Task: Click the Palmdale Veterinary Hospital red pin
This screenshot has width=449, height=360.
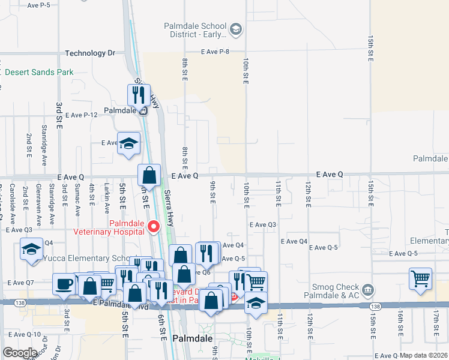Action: [x=153, y=226]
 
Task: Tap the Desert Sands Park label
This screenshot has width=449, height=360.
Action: [x=39, y=73]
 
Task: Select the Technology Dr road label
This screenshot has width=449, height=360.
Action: [x=89, y=53]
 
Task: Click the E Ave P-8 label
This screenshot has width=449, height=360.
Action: [x=216, y=52]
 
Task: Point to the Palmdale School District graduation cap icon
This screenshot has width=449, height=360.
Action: [x=236, y=29]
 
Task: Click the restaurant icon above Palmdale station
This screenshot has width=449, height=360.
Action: [x=139, y=95]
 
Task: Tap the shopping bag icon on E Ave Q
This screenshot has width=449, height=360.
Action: [x=149, y=175]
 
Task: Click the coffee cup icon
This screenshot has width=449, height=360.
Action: [x=64, y=284]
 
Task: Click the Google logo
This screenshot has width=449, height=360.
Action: [x=20, y=352]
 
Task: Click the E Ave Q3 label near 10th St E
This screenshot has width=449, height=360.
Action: [x=263, y=224]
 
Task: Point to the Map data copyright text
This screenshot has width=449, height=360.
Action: [x=423, y=355]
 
